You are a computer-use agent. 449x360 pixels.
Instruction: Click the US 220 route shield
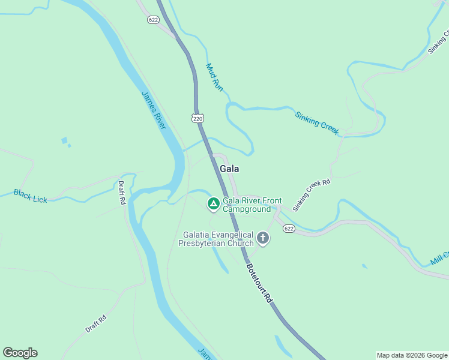pos(198,118)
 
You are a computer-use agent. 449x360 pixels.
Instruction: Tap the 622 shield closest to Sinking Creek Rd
pos(289,229)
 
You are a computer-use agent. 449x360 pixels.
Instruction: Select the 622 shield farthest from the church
pos(154,19)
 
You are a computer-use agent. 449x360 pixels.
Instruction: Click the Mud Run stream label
pos(214,77)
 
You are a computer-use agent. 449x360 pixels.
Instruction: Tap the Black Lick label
pos(30,196)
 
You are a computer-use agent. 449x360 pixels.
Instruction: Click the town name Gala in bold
pos(229,169)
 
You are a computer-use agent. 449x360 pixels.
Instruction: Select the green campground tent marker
pos(213,204)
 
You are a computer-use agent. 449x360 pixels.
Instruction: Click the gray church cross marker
pos(262,239)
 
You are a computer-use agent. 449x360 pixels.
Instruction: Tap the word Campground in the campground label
pos(247,209)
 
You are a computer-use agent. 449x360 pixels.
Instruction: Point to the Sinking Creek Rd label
pos(312,195)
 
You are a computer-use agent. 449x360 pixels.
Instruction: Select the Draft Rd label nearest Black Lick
pos(121,193)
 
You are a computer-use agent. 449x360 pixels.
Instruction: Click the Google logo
pos(20,353)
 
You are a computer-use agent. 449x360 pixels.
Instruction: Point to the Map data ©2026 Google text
pos(412,355)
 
